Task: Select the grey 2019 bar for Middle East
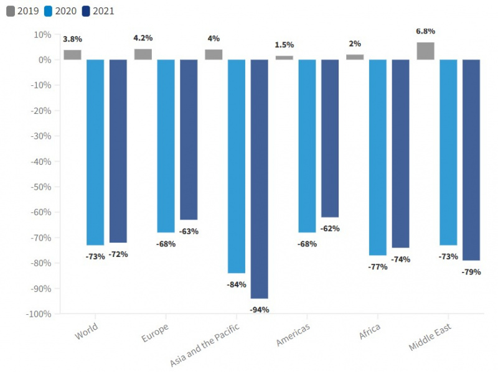pyautogui.click(x=425, y=51)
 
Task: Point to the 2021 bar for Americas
pyautogui.click(x=330, y=138)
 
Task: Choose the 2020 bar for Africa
pyautogui.click(x=378, y=157)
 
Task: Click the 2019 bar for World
pyautogui.click(x=72, y=55)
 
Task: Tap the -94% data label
pyautogui.click(x=259, y=310)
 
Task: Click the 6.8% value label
pyautogui.click(x=426, y=31)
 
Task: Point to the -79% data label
pyautogui.click(x=471, y=272)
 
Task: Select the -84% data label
pyautogui.click(x=236, y=284)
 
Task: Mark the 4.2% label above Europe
pyautogui.click(x=143, y=38)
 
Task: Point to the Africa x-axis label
pyautogui.click(x=370, y=330)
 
